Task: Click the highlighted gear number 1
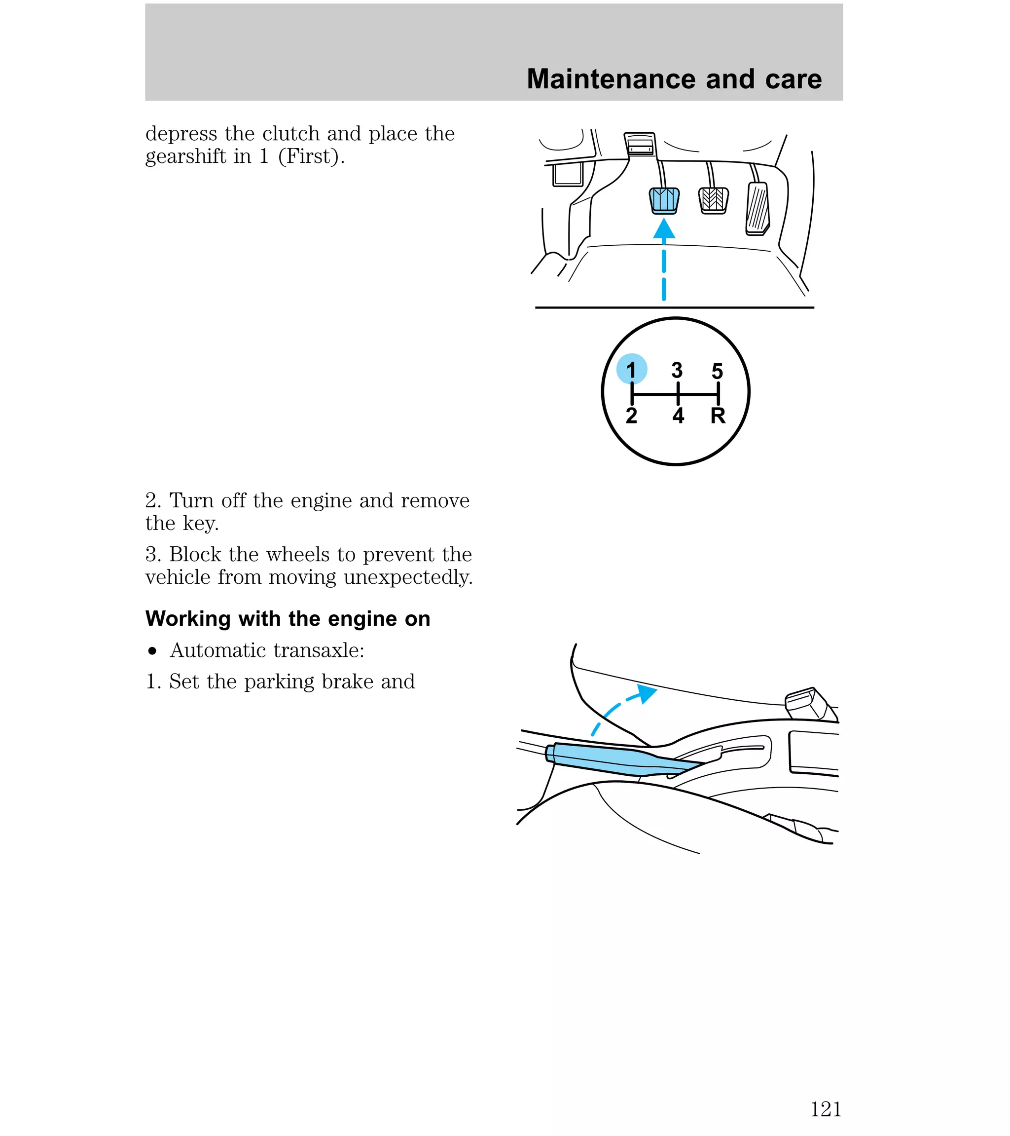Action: tap(632, 369)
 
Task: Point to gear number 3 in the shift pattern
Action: tap(677, 370)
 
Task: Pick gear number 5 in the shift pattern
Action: tap(717, 371)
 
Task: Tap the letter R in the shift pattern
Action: tap(718, 416)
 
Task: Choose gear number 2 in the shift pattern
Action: tap(632, 416)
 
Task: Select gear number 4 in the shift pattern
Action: tap(678, 416)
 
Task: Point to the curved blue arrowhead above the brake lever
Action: tap(647, 693)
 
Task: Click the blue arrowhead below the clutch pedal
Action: tap(664, 229)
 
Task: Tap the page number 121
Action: tap(826, 1109)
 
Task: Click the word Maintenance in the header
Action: tap(612, 79)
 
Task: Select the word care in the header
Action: tap(793, 79)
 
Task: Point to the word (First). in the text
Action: tap(311, 157)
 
